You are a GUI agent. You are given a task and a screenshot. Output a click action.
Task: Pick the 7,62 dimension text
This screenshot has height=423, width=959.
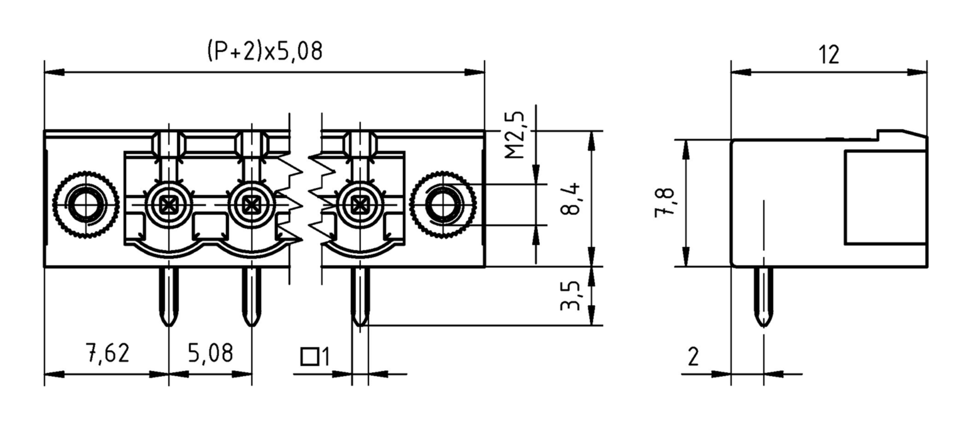108,354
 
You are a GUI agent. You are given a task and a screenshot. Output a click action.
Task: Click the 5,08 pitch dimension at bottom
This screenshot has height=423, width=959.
210,354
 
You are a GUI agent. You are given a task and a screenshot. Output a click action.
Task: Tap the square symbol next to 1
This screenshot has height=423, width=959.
309,357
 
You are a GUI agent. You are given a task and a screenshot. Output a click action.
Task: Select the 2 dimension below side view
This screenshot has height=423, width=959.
693,357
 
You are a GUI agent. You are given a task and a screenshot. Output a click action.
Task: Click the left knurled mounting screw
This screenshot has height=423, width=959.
86,205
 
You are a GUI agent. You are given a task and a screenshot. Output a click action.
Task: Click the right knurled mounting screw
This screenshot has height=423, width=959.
443,205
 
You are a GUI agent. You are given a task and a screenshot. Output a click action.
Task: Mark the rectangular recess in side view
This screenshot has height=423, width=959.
885,197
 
